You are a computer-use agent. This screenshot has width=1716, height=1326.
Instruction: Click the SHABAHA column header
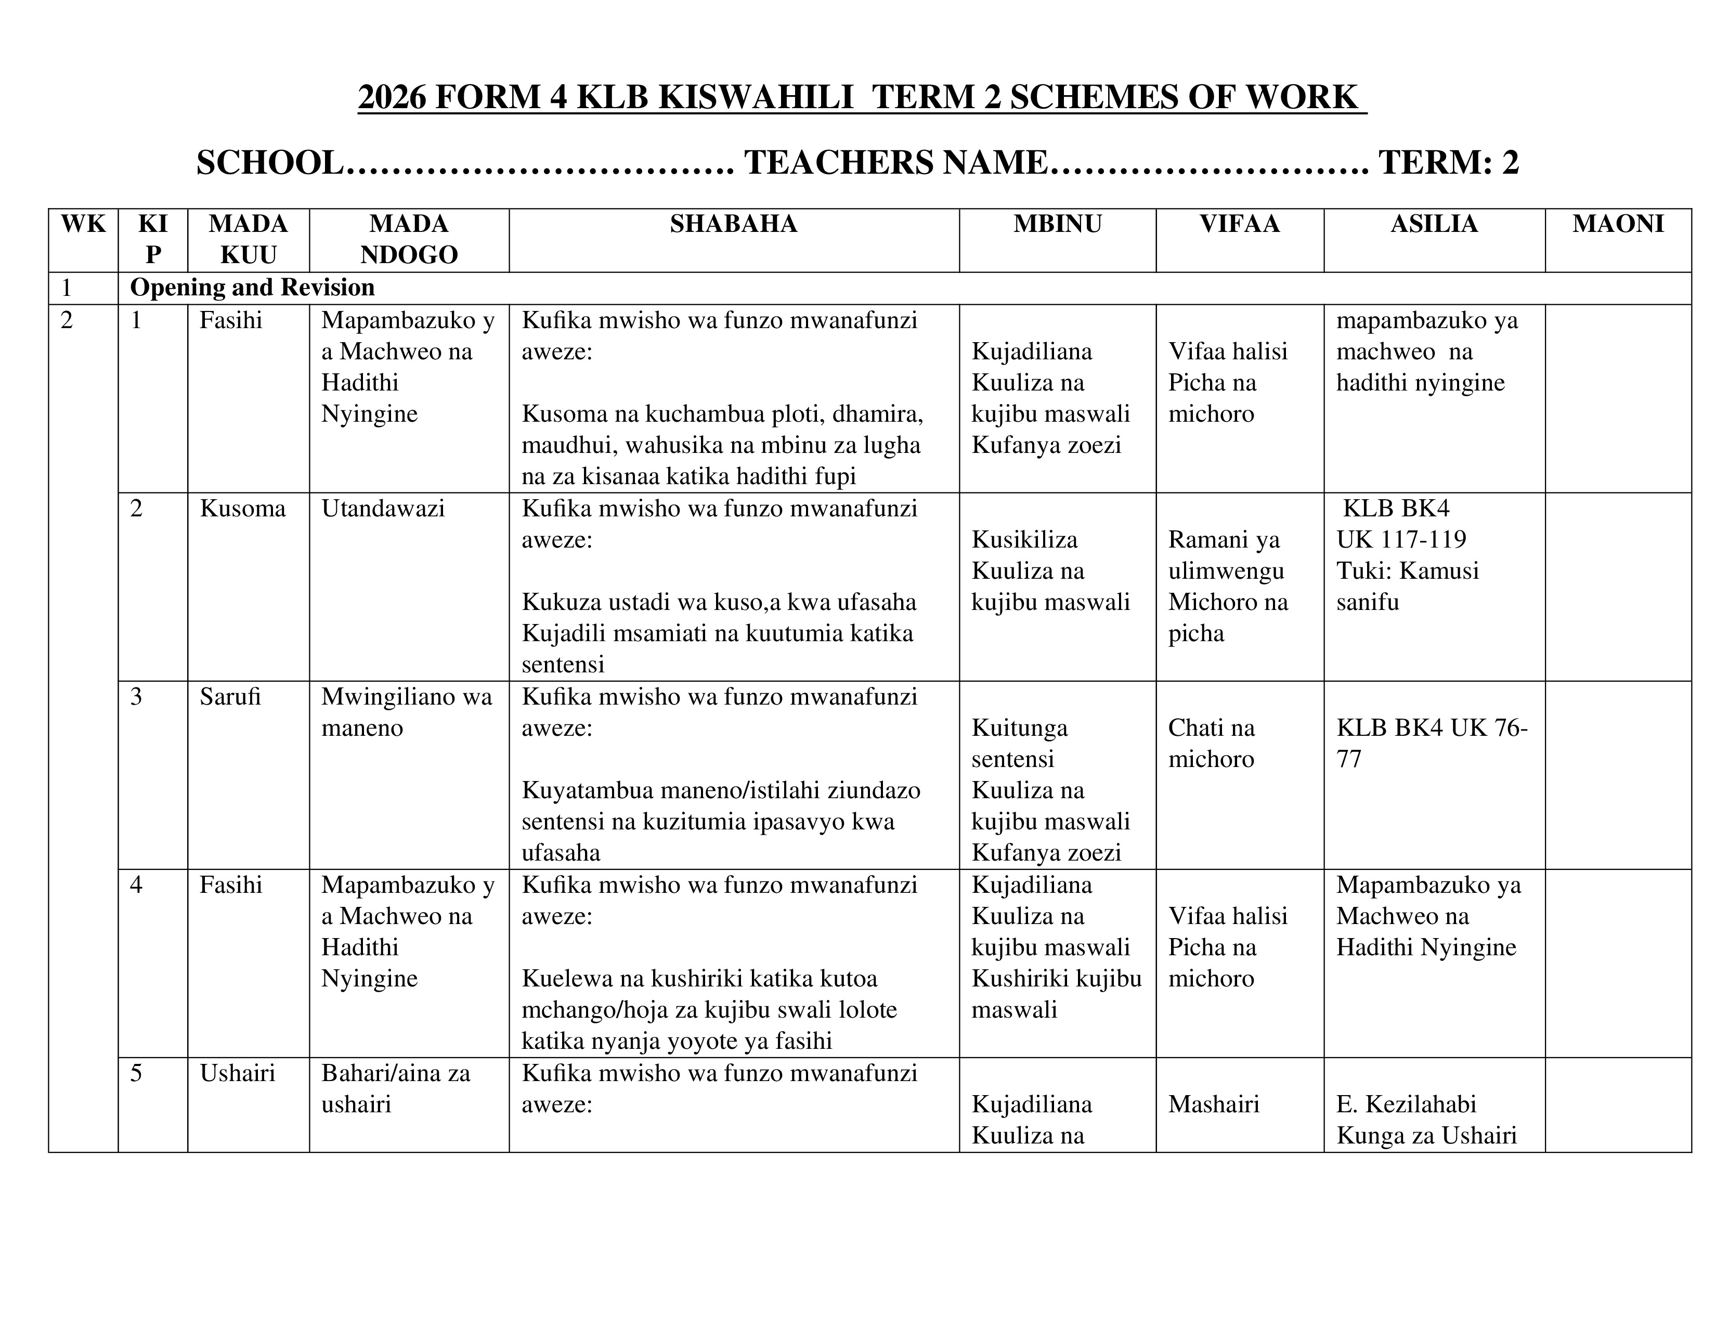[733, 224]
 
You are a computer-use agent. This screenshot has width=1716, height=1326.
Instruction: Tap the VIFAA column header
[1239, 224]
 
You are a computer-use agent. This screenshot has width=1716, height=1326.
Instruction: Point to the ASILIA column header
[1434, 224]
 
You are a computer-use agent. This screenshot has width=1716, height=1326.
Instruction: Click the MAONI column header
[1618, 224]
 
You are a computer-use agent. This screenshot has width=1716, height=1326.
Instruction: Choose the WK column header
[83, 224]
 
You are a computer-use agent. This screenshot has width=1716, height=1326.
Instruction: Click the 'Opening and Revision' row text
[252, 288]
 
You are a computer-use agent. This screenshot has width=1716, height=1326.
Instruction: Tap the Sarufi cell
[230, 697]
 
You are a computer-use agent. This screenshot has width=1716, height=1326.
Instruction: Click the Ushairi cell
[237, 1073]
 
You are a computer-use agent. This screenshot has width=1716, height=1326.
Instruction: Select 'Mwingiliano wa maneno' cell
[406, 712]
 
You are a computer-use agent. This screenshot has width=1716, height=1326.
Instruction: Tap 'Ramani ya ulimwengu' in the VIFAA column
[1226, 555]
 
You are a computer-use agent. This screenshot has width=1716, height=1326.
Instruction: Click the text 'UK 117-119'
[1401, 540]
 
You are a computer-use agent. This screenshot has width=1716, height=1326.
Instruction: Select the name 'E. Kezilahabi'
[1407, 1104]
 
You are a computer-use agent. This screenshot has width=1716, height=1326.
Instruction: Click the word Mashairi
[1213, 1104]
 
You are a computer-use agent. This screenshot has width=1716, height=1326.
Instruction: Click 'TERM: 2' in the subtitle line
[1448, 163]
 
